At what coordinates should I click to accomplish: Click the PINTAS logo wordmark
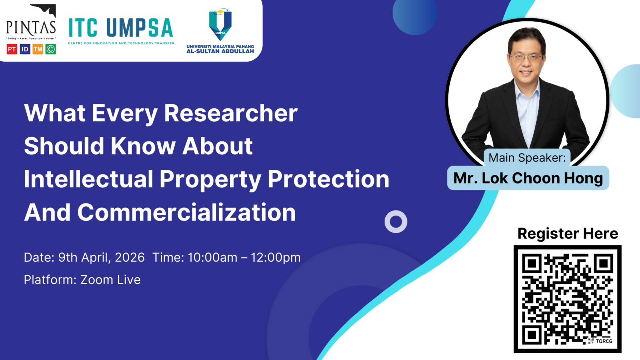[x=31, y=27]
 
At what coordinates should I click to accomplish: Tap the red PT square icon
[x=12, y=49]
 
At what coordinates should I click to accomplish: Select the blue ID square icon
[x=25, y=49]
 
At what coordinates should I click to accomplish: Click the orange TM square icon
[x=38, y=49]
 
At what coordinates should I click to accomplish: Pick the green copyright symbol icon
[x=51, y=49]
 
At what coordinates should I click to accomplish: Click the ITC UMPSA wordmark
[x=120, y=28]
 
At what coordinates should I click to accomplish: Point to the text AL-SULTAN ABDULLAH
[x=220, y=51]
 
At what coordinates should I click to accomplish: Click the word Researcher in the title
[x=231, y=113]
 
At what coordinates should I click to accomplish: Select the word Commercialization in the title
[x=186, y=212]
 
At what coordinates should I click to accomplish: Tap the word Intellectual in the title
[x=89, y=179]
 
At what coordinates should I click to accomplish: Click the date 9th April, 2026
[x=101, y=257]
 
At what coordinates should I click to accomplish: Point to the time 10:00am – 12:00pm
[x=244, y=257]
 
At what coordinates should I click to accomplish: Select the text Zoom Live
[x=110, y=280]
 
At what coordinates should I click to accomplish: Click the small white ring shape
[x=396, y=222]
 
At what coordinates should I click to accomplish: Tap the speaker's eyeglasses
[x=526, y=57]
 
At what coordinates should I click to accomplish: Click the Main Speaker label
[x=527, y=158]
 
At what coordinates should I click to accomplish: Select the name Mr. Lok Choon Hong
[x=528, y=178]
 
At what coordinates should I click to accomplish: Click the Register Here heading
[x=568, y=233]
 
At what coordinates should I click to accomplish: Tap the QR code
[x=568, y=299]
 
